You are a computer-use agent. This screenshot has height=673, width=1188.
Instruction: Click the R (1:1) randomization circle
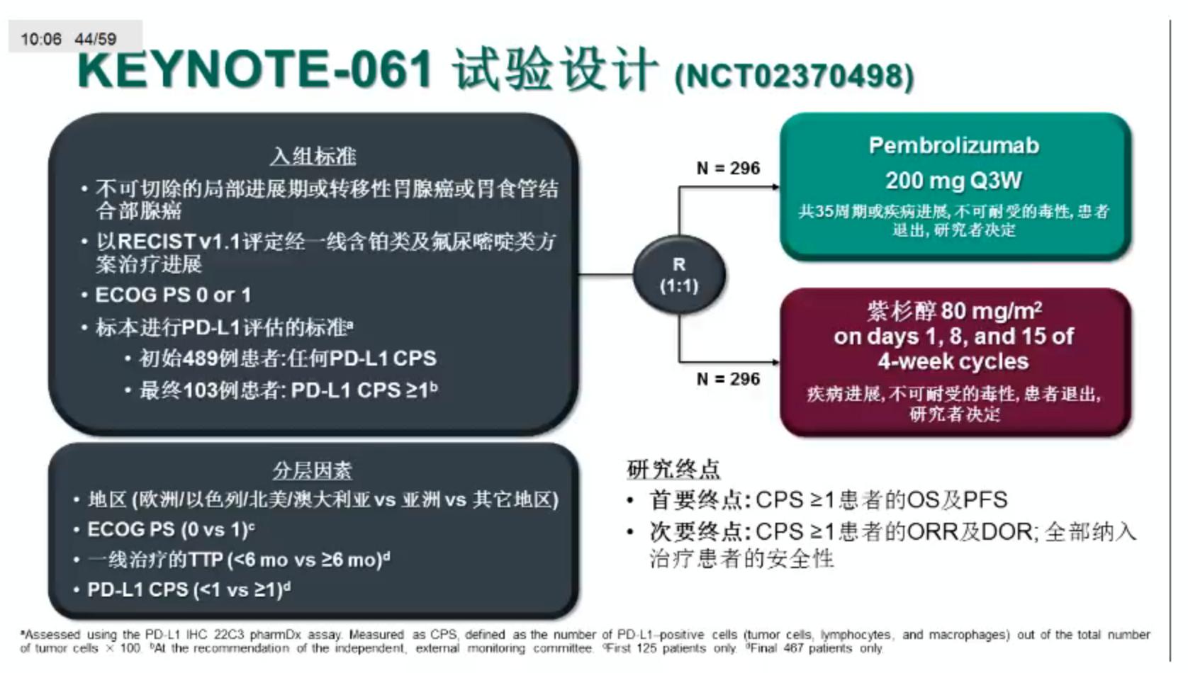coord(678,275)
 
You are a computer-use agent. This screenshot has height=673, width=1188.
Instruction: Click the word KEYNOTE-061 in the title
coord(255,69)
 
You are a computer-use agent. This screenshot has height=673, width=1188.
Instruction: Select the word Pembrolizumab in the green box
coord(953,146)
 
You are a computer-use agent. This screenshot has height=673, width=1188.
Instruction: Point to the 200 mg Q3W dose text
coord(953,181)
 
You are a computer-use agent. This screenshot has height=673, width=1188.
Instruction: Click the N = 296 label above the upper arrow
coord(728,169)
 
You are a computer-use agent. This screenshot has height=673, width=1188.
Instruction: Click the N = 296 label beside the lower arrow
coord(728,379)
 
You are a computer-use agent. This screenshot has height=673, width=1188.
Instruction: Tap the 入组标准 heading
coord(313,156)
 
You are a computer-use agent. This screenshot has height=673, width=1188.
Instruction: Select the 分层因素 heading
coord(313,470)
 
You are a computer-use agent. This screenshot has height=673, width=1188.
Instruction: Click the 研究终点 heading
coord(673,469)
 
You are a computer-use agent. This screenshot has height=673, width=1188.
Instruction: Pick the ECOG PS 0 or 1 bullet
coord(172,295)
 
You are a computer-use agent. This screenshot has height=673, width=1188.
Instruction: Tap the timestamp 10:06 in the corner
coord(41,39)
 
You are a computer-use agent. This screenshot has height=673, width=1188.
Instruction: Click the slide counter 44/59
coord(96,39)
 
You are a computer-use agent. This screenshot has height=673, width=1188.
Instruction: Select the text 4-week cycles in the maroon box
coord(953,361)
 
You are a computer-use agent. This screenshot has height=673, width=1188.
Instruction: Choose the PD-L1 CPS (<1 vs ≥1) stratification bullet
coord(188,589)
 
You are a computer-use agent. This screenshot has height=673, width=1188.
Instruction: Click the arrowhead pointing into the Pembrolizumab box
coord(775,187)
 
